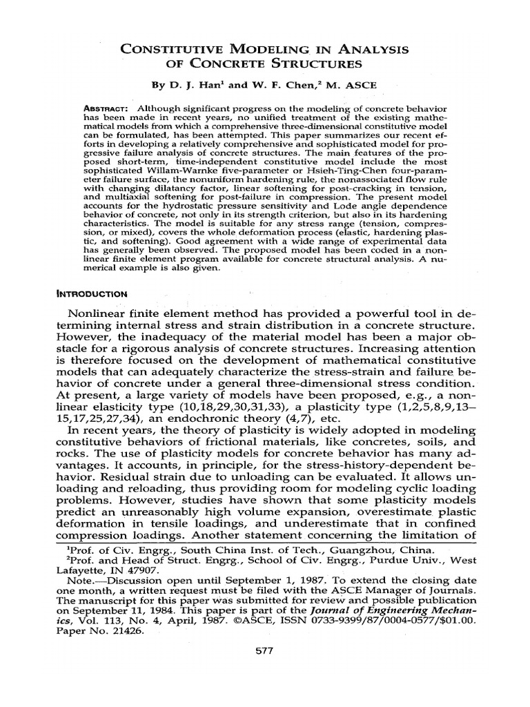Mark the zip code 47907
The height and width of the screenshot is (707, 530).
pyautogui.click(x=144, y=572)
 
